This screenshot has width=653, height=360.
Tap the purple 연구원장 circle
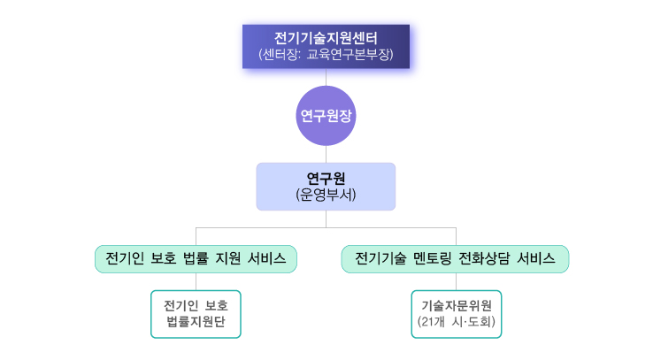click(326, 115)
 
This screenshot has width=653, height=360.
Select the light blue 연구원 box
click(326, 186)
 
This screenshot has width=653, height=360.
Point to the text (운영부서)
click(326, 195)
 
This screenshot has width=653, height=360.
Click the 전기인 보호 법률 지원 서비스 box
click(196, 259)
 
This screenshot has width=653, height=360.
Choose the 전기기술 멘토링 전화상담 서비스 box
click(455, 259)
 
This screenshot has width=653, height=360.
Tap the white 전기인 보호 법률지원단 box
click(196, 313)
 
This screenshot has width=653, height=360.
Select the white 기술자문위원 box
click(456, 313)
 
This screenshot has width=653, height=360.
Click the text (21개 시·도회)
click(456, 321)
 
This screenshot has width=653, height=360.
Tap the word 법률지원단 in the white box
click(196, 322)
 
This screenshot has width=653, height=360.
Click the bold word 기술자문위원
click(456, 305)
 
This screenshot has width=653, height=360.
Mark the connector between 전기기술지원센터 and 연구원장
click(326, 77)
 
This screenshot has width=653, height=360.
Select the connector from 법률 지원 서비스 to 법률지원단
click(196, 281)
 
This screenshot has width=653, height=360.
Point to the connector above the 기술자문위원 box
click(456, 281)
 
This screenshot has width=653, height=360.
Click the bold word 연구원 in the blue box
click(326, 178)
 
